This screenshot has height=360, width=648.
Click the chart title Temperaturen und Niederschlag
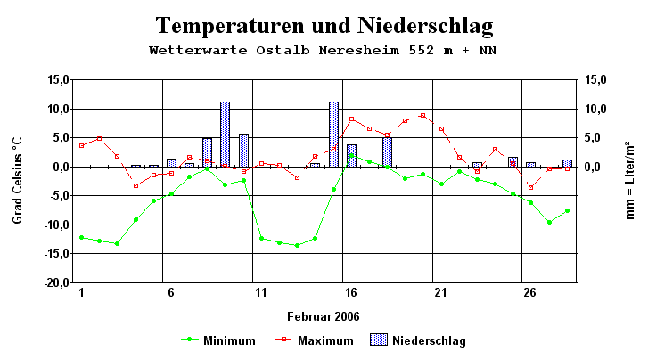(x=324, y=24)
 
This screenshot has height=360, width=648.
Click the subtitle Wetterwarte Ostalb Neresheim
(x=324, y=50)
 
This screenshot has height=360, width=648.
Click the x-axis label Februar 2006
(x=324, y=316)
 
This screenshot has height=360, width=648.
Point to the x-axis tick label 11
(x=260, y=292)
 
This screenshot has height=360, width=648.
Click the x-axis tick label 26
(x=529, y=292)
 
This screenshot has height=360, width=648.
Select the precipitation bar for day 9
(x=226, y=134)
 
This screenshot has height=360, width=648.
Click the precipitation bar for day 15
(x=333, y=134)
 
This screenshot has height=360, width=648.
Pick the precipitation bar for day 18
(x=387, y=151)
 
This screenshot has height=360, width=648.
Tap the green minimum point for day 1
(x=81, y=237)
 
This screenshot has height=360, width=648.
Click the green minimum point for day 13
(x=297, y=245)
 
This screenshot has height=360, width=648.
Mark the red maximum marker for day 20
(x=422, y=116)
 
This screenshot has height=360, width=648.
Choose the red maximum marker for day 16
(x=351, y=119)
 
